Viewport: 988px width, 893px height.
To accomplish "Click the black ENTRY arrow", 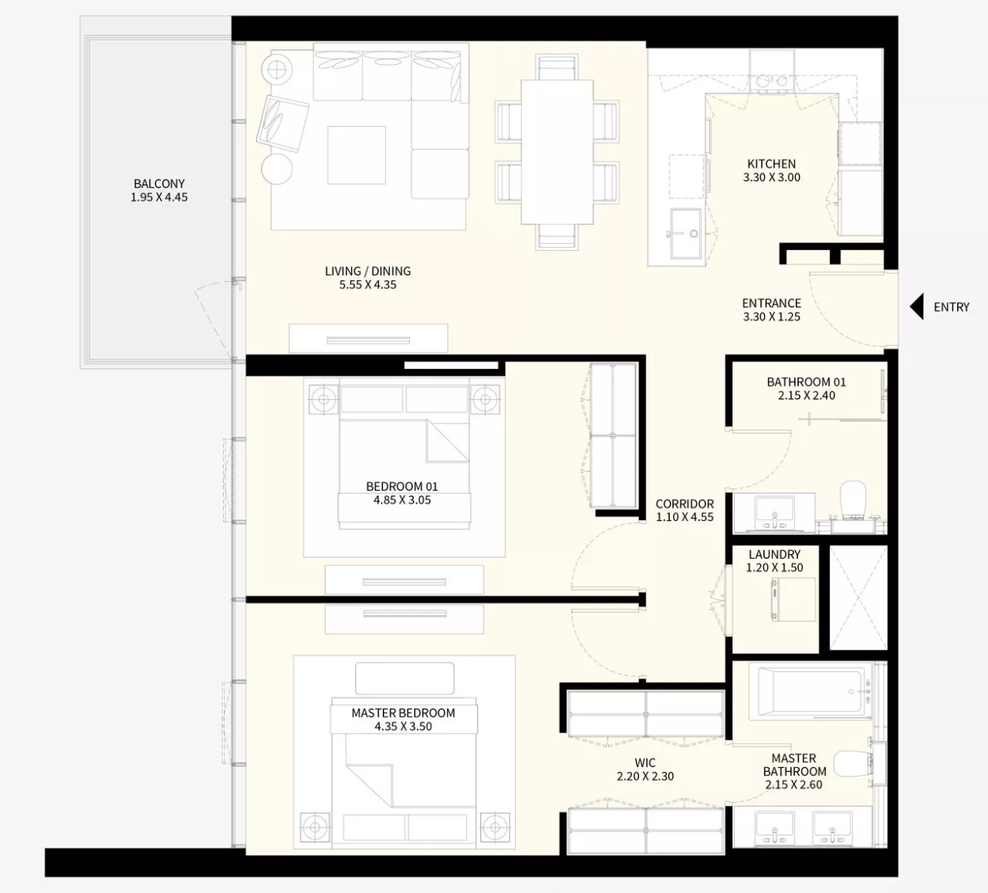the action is pos(917,306).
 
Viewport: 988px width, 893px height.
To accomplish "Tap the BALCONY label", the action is pos(159,184).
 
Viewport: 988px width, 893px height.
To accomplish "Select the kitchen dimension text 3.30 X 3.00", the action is pos(771,177).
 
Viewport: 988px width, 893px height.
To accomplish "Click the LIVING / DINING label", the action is pos(367,272).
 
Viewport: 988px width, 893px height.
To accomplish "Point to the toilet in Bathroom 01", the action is pos(853,500).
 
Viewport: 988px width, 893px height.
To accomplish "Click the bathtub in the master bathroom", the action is pos(811,691).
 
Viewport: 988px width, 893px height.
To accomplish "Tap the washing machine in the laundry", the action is pos(793,599).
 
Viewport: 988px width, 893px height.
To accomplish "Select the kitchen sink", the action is pos(685,234).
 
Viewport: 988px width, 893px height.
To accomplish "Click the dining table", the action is pos(557,152).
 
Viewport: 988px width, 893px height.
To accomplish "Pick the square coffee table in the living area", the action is pos(357,155).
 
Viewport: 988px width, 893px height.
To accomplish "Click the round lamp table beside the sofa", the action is pos(277,70).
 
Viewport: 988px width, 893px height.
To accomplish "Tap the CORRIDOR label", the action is pos(684,504).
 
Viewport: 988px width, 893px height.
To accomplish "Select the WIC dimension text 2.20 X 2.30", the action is pos(645,776).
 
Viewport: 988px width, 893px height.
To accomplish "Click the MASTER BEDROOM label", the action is pos(403,713).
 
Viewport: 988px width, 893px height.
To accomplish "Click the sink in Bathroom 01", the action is pos(774,512).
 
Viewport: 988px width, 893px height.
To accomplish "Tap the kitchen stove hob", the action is pos(772,82).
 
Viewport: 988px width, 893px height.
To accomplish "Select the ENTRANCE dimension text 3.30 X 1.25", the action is pos(771,317).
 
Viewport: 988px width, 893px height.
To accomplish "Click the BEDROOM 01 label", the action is pos(402,487).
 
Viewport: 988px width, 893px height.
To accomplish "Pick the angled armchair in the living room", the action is pos(282,123).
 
